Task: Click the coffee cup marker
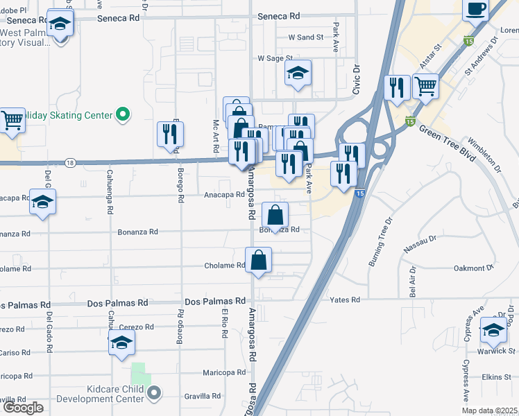(x=475, y=10)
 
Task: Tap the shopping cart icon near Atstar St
(x=425, y=87)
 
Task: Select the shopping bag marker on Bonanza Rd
(x=275, y=216)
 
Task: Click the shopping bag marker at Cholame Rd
(x=258, y=261)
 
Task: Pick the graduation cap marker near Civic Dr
(x=298, y=73)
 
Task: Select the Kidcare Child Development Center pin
(x=153, y=393)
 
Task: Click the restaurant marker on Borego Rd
(x=171, y=135)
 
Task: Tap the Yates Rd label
(x=346, y=300)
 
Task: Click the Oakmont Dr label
(x=473, y=267)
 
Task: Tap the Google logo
(x=23, y=408)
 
